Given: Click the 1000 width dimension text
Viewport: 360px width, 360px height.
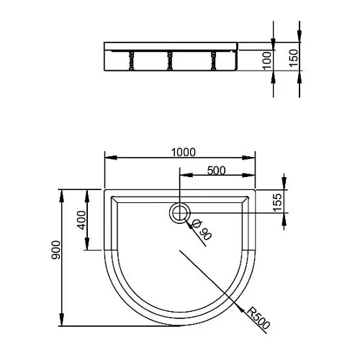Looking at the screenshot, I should pos(184,151).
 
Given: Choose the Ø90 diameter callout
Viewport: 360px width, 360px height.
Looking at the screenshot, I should pos(202,230).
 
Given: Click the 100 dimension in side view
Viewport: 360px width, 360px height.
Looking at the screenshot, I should pos(268,59).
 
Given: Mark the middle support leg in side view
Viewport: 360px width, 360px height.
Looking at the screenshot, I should pos(169,60).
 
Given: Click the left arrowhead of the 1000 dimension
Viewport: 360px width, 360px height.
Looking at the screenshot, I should pos(108,158).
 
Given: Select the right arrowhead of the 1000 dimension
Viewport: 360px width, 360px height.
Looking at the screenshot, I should pos(253,158).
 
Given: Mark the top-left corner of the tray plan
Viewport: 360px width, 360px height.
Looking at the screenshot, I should pos(105,191).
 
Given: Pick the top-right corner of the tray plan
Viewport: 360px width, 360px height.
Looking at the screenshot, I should pos(256,191).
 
